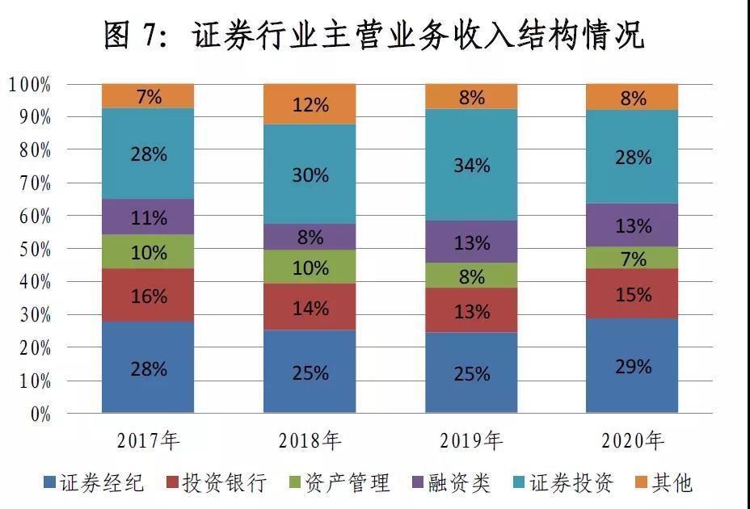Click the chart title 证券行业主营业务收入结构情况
click(374, 35)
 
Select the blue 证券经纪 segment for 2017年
click(148, 368)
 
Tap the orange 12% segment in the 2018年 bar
click(310, 103)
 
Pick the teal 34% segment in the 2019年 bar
click(471, 165)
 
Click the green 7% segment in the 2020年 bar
click(633, 258)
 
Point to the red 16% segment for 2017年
click(148, 295)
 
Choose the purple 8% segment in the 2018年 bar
click(310, 237)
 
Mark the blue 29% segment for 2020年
click(633, 365)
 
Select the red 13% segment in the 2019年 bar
click(471, 310)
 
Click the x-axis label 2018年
click(310, 440)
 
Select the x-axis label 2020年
click(633, 440)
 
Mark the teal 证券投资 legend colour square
click(520, 483)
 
